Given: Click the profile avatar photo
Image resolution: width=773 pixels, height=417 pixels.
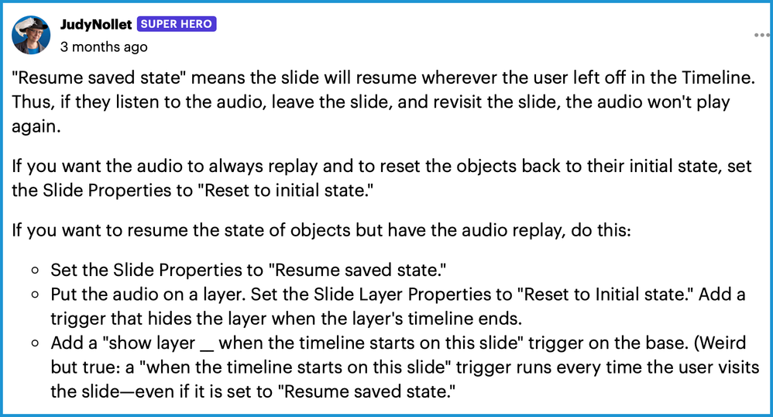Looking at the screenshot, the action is click(31, 35).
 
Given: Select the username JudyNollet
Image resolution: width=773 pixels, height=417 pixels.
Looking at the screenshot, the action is click(95, 24).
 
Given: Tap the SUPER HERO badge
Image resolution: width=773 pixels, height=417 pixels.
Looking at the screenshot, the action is click(177, 24).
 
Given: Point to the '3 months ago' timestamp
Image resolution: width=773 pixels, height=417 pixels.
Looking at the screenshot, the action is click(104, 47).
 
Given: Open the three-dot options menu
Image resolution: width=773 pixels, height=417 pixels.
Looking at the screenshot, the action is click(761, 35).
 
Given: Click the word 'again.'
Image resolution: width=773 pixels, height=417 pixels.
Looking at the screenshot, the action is click(36, 127).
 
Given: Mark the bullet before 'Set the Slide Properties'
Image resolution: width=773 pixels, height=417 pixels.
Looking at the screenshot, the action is click(35, 271).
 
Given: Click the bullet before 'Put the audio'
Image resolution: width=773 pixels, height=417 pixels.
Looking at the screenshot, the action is click(35, 295).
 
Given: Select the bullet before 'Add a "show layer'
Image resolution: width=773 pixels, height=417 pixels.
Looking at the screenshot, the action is click(35, 343).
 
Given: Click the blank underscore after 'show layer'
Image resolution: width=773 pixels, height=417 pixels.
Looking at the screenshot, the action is click(207, 350).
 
